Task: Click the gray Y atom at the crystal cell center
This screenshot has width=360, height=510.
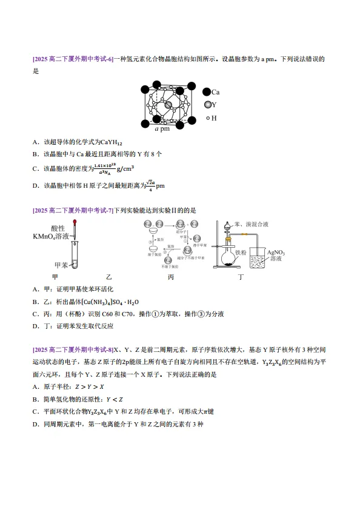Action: (169, 105)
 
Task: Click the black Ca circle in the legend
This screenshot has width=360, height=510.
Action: (207, 92)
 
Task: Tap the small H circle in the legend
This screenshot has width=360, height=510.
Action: (207, 118)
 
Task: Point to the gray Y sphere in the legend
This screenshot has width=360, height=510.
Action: (207, 105)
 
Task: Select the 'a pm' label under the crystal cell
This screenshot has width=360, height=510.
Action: (162, 129)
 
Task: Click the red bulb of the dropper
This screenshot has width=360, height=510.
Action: (75, 223)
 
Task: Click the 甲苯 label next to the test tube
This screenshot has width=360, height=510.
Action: (61, 265)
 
